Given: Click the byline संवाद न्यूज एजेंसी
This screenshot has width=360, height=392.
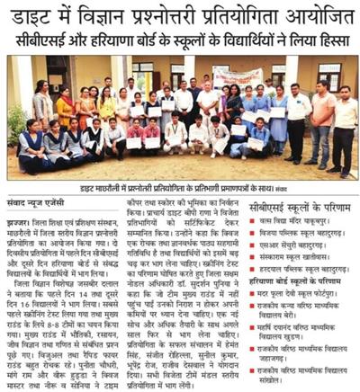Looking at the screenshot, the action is (x=38, y=204).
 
